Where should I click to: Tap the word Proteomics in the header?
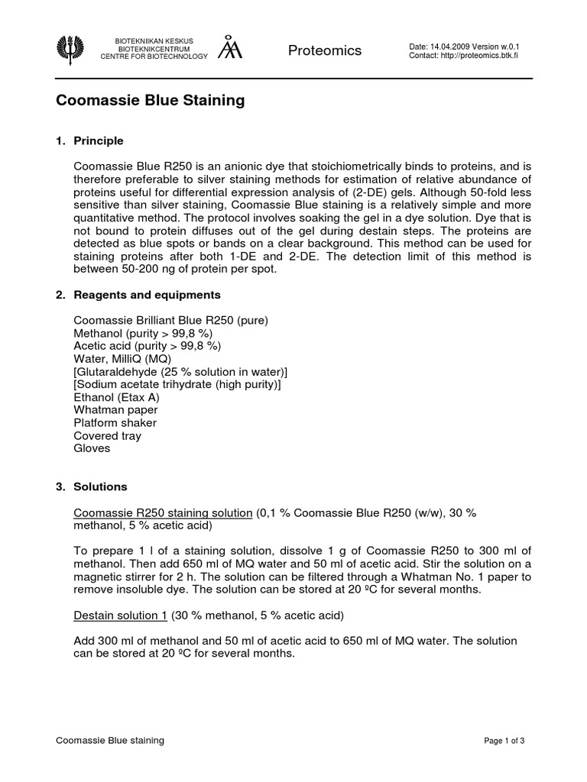pos(325,50)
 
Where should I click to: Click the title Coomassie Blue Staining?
pos(151,101)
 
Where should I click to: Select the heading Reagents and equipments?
pos(147,295)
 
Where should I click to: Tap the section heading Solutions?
pos(100,486)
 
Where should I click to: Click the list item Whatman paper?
pos(115,410)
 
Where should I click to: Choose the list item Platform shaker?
pos(115,423)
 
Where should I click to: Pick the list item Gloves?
pos(92,448)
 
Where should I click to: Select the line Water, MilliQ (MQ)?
pos(122,358)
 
